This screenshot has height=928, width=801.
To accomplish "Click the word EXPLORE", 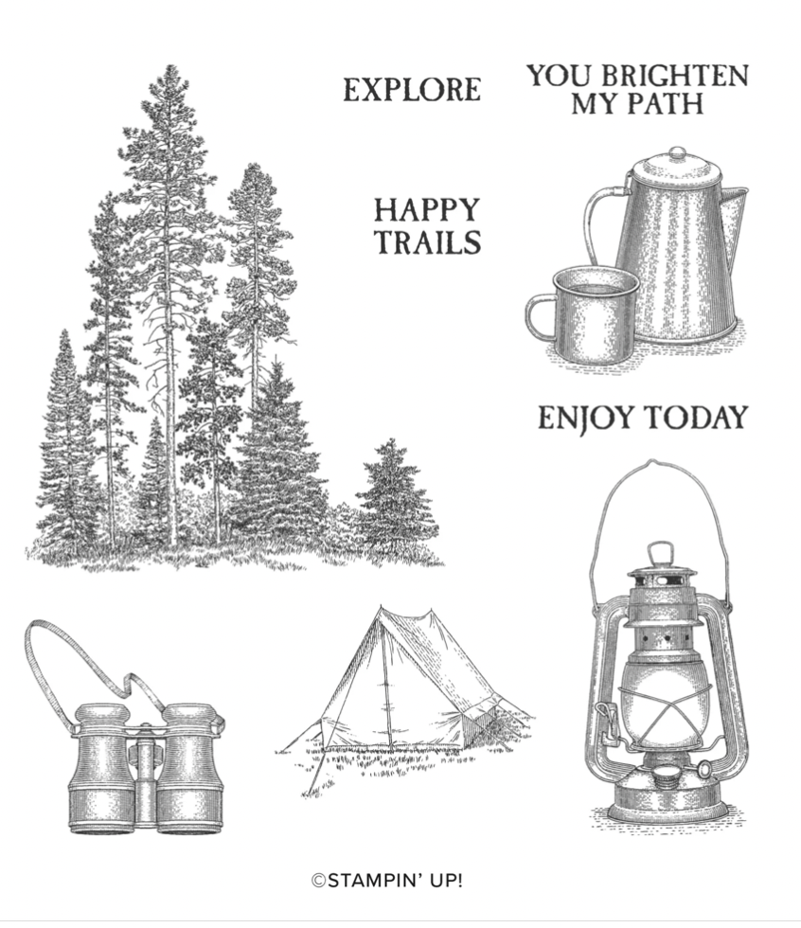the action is [412, 90].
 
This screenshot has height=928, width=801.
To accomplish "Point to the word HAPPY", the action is [426, 210].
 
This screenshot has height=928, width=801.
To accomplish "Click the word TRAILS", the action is [429, 242].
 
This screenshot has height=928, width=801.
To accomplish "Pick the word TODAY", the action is [695, 418].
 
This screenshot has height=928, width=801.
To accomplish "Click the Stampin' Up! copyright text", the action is [387, 881].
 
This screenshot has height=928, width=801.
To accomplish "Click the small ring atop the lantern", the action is [660, 553].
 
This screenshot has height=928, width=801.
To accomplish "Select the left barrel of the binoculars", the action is [103, 768].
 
